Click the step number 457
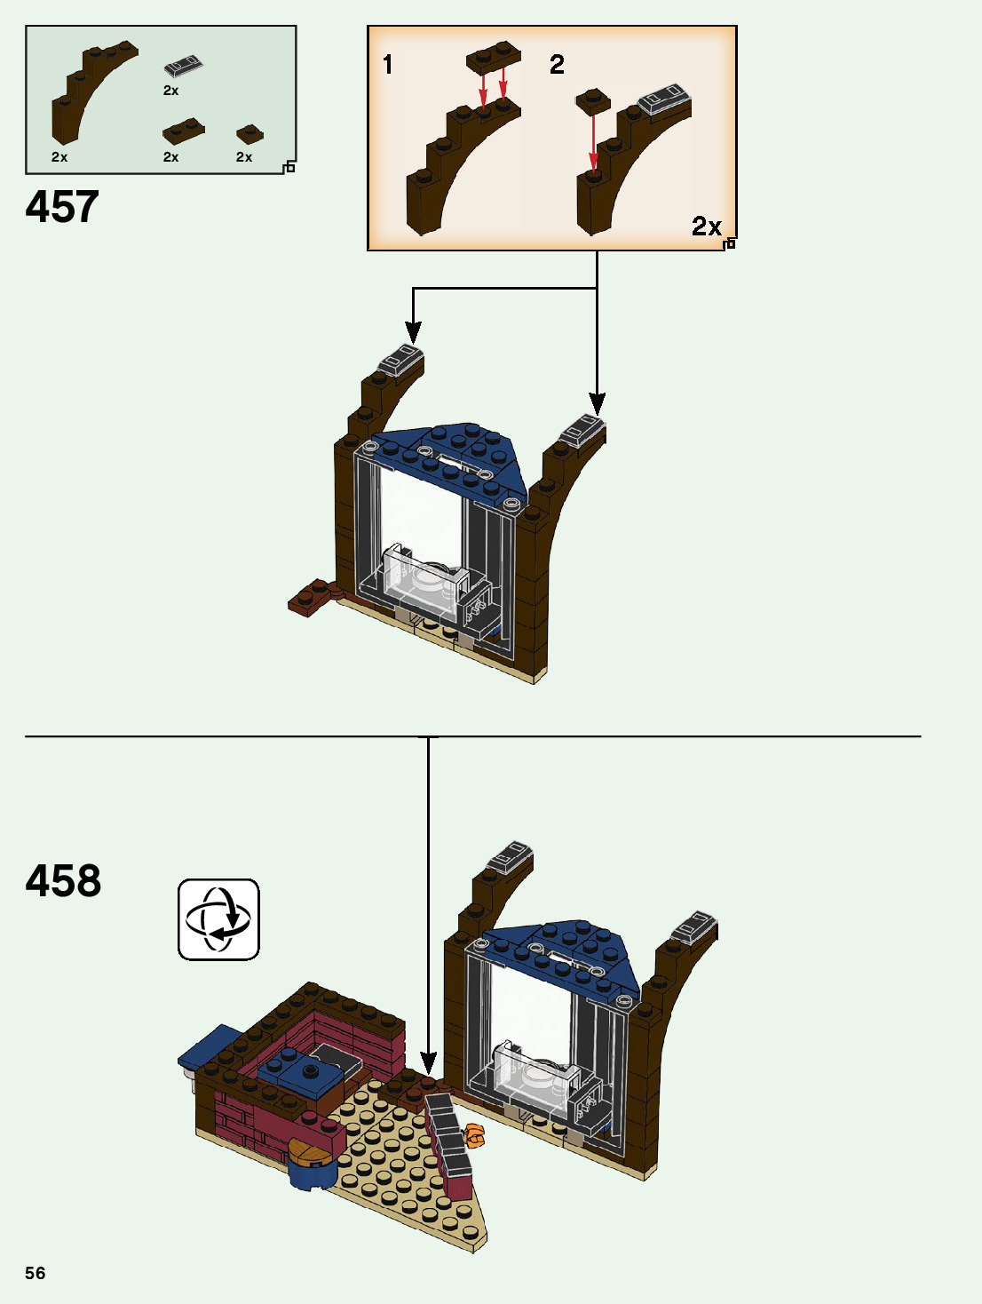tap(62, 207)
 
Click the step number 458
tap(63, 881)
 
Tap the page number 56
tap(36, 1273)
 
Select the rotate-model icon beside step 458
tap(218, 919)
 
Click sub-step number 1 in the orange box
tap(387, 64)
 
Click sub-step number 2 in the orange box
tap(557, 64)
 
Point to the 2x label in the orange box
tap(707, 227)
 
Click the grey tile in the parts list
tap(184, 66)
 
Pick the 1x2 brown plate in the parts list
tap(184, 131)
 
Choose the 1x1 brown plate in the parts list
tap(249, 133)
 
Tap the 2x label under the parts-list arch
tap(59, 157)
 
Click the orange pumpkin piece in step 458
tap(475, 1135)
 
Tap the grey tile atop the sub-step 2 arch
tap(665, 99)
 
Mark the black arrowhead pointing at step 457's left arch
tap(413, 332)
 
